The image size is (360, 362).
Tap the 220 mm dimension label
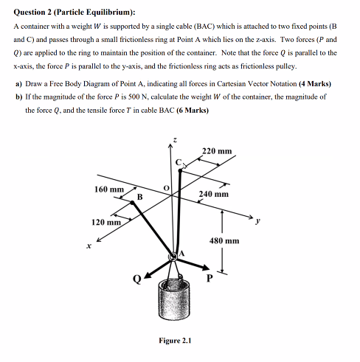(x=216, y=151)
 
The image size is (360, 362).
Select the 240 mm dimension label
(x=214, y=195)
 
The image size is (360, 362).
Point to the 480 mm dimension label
(x=225, y=240)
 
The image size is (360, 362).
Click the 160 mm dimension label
(x=108, y=189)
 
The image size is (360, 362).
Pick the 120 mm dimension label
(x=105, y=222)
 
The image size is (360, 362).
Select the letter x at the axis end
(x=88, y=246)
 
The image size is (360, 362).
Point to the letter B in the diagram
(x=139, y=197)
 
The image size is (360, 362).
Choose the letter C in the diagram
(x=177, y=161)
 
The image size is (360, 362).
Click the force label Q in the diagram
(x=134, y=279)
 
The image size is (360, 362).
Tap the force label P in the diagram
(x=208, y=278)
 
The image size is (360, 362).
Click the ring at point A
(x=175, y=257)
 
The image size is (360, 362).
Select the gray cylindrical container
(x=176, y=302)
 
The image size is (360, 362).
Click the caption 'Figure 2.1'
(x=175, y=341)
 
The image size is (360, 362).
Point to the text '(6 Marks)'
(x=187, y=110)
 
